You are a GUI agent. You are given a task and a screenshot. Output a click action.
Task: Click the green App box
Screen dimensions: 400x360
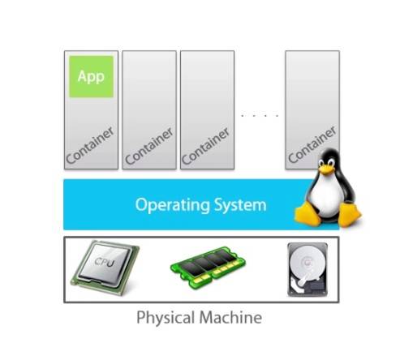point(91,76)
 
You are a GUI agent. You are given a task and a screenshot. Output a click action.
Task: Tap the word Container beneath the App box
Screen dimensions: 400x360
point(90,145)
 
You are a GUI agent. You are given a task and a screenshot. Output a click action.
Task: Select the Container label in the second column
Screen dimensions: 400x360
point(149,146)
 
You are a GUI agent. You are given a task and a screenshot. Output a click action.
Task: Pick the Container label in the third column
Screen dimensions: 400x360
point(205,146)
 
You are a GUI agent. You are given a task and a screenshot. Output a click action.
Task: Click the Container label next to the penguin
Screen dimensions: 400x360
point(312,145)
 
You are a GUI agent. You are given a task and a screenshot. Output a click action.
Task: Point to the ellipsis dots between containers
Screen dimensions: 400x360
point(260,115)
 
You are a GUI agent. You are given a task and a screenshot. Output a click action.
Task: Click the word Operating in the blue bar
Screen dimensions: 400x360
point(172,205)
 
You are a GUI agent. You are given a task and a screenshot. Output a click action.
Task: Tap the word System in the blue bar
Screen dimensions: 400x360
point(240,205)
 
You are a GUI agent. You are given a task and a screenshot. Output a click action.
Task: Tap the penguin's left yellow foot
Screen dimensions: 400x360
point(308,214)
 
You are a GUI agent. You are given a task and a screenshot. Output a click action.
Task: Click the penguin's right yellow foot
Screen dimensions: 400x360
point(349,214)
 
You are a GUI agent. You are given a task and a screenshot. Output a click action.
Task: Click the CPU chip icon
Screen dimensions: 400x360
point(105,268)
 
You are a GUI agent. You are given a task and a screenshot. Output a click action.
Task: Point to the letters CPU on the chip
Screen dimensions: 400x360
point(105,262)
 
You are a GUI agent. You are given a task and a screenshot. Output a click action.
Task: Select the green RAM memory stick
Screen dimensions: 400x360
point(208,267)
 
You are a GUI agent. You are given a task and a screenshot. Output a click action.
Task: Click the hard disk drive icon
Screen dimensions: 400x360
point(308,269)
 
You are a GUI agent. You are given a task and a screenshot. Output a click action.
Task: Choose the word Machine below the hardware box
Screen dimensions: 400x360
point(230,317)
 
